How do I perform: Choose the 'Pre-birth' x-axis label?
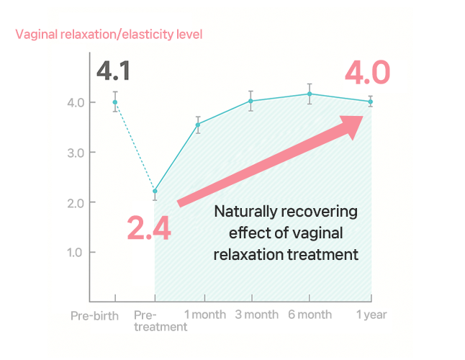94,315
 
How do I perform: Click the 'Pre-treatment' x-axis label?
160,321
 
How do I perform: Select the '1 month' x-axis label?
205,315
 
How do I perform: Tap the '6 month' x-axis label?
311,315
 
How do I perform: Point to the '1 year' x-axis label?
371,315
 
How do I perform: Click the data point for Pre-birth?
115,102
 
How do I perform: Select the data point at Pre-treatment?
155,191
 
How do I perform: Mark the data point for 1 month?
198,125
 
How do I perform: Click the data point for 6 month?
310,94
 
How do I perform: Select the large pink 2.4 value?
149,228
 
